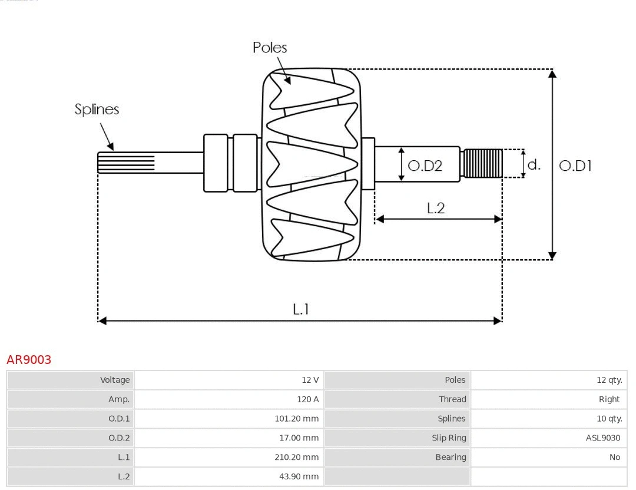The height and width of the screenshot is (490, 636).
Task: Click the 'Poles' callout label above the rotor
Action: (270, 48)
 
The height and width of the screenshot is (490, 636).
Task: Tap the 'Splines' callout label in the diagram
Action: (97, 110)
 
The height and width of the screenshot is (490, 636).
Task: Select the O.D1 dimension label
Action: (575, 166)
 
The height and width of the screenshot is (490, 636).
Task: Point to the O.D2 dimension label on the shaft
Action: (425, 166)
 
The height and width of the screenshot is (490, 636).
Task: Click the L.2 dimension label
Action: (435, 208)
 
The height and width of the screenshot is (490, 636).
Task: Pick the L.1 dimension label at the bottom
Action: (301, 309)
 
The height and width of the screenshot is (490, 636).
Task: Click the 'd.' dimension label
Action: (534, 164)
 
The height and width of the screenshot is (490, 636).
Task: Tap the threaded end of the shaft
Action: (482, 163)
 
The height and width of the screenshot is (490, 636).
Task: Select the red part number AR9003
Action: (29, 360)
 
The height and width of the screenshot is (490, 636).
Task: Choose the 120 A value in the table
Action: (307, 399)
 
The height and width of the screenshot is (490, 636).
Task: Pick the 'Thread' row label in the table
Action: (452, 399)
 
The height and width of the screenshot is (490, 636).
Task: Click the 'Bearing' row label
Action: (450, 457)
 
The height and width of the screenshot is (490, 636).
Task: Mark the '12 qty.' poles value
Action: (609, 380)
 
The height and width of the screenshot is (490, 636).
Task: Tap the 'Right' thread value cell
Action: (609, 399)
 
